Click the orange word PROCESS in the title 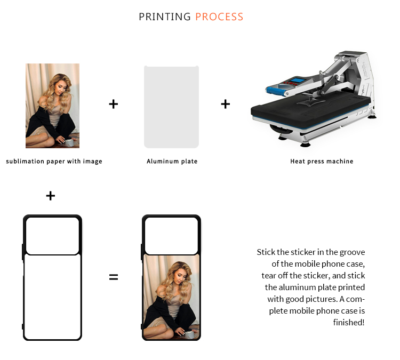click(219, 17)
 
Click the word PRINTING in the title click(165, 17)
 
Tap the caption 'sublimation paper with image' click(54, 161)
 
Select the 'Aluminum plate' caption click(172, 161)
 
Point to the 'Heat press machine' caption click(322, 161)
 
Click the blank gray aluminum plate click(171, 107)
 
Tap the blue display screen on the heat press click(298, 80)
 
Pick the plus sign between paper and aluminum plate click(114, 104)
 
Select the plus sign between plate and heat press click(226, 104)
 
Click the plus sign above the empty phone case click(51, 196)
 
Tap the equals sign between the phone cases click(114, 277)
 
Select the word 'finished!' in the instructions click(349, 322)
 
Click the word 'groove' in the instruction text click(353, 252)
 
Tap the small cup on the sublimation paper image click(69, 143)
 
